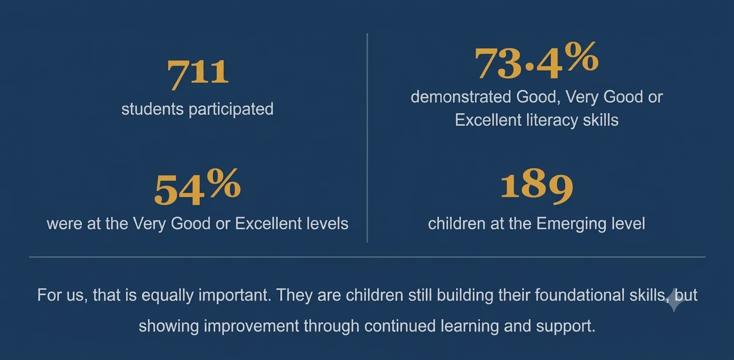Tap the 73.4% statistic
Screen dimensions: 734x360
click(537, 60)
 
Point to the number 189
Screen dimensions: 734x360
click(537, 186)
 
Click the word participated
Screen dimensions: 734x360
click(231, 109)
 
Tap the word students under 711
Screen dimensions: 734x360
click(152, 109)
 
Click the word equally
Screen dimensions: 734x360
click(167, 295)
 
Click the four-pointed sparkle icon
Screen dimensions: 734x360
click(674, 300)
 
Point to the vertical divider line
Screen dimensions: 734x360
click(367, 137)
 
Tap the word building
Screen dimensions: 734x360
click(465, 295)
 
